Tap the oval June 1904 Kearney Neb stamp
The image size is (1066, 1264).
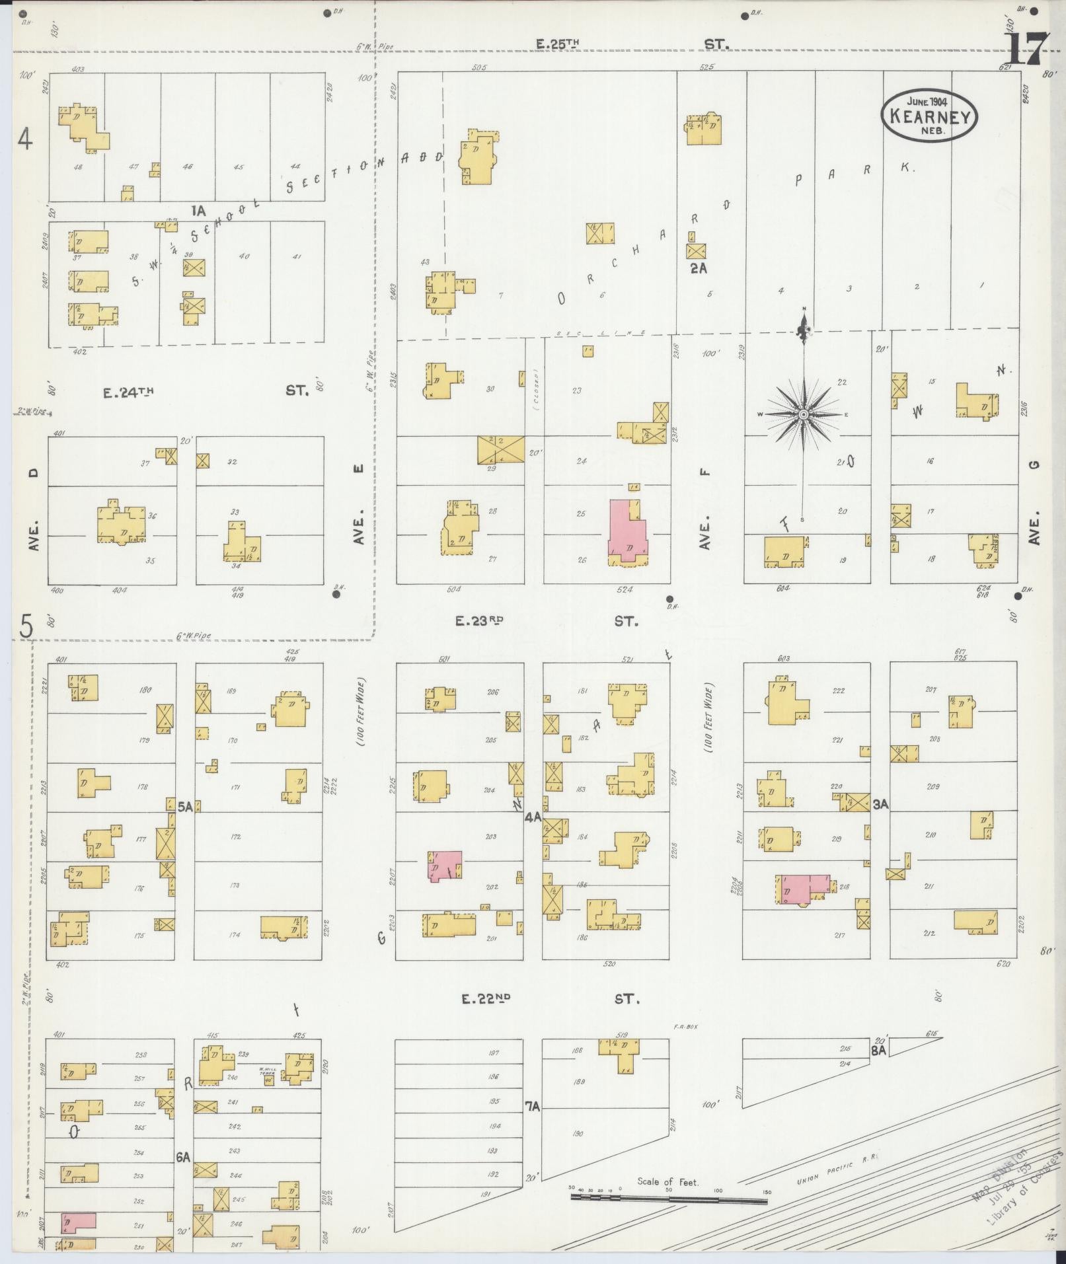tap(929, 116)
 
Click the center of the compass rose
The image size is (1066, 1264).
tap(804, 414)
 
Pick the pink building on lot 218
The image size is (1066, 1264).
tap(802, 887)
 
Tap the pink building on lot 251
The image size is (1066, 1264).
tap(77, 1222)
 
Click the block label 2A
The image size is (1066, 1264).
tap(699, 268)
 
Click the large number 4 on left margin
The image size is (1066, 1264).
tap(25, 139)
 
